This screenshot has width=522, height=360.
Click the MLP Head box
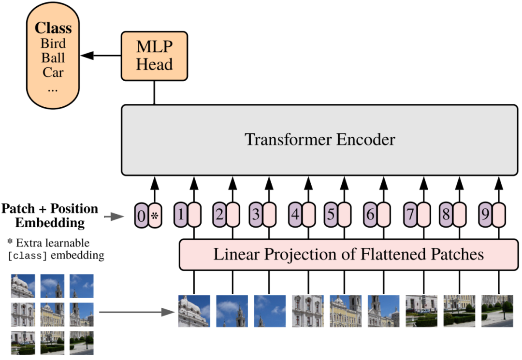tap(154, 56)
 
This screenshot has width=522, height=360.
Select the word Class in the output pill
tap(53, 28)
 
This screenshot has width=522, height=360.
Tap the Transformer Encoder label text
tap(319, 140)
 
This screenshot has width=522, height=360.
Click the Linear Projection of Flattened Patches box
tap(348, 254)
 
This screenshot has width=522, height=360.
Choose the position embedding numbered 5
tap(331, 215)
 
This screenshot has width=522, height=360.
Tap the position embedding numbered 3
tap(256, 215)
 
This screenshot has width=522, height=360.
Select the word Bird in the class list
tap(53, 43)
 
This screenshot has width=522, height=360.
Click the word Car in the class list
tap(53, 73)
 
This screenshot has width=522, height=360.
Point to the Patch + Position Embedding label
tap(50, 216)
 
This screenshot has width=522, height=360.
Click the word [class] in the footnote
tap(28, 256)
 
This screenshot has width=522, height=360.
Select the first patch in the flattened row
tap(194, 311)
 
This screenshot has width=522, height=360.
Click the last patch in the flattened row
tap(497, 311)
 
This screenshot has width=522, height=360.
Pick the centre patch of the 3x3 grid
tap(52, 315)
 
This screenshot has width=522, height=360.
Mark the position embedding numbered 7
tap(410, 215)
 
